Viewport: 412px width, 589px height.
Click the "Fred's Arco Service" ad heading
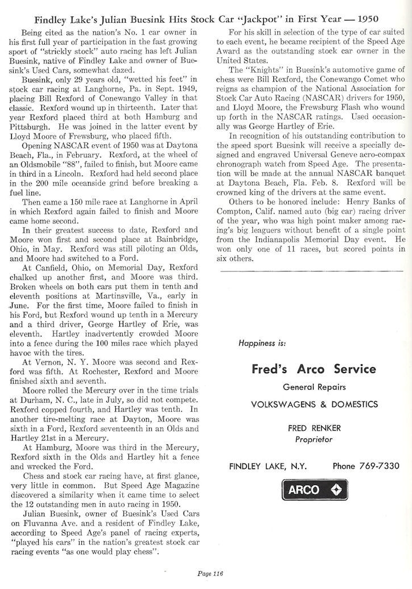click(313, 369)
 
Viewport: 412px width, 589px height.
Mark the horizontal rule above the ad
click(313, 272)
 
